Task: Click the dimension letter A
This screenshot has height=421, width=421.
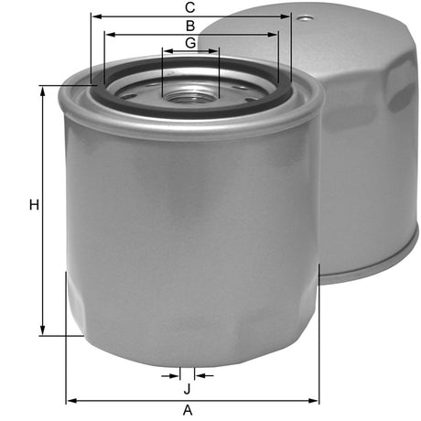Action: (189, 411)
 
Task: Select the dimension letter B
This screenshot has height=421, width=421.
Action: (189, 26)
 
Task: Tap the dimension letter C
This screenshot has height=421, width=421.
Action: (189, 8)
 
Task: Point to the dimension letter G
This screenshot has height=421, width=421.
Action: (189, 43)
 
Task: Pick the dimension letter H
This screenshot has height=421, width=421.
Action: (33, 206)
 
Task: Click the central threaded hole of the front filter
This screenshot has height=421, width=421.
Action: (190, 92)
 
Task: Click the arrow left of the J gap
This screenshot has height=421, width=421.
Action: (176, 375)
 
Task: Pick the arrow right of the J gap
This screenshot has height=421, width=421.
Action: (200, 375)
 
